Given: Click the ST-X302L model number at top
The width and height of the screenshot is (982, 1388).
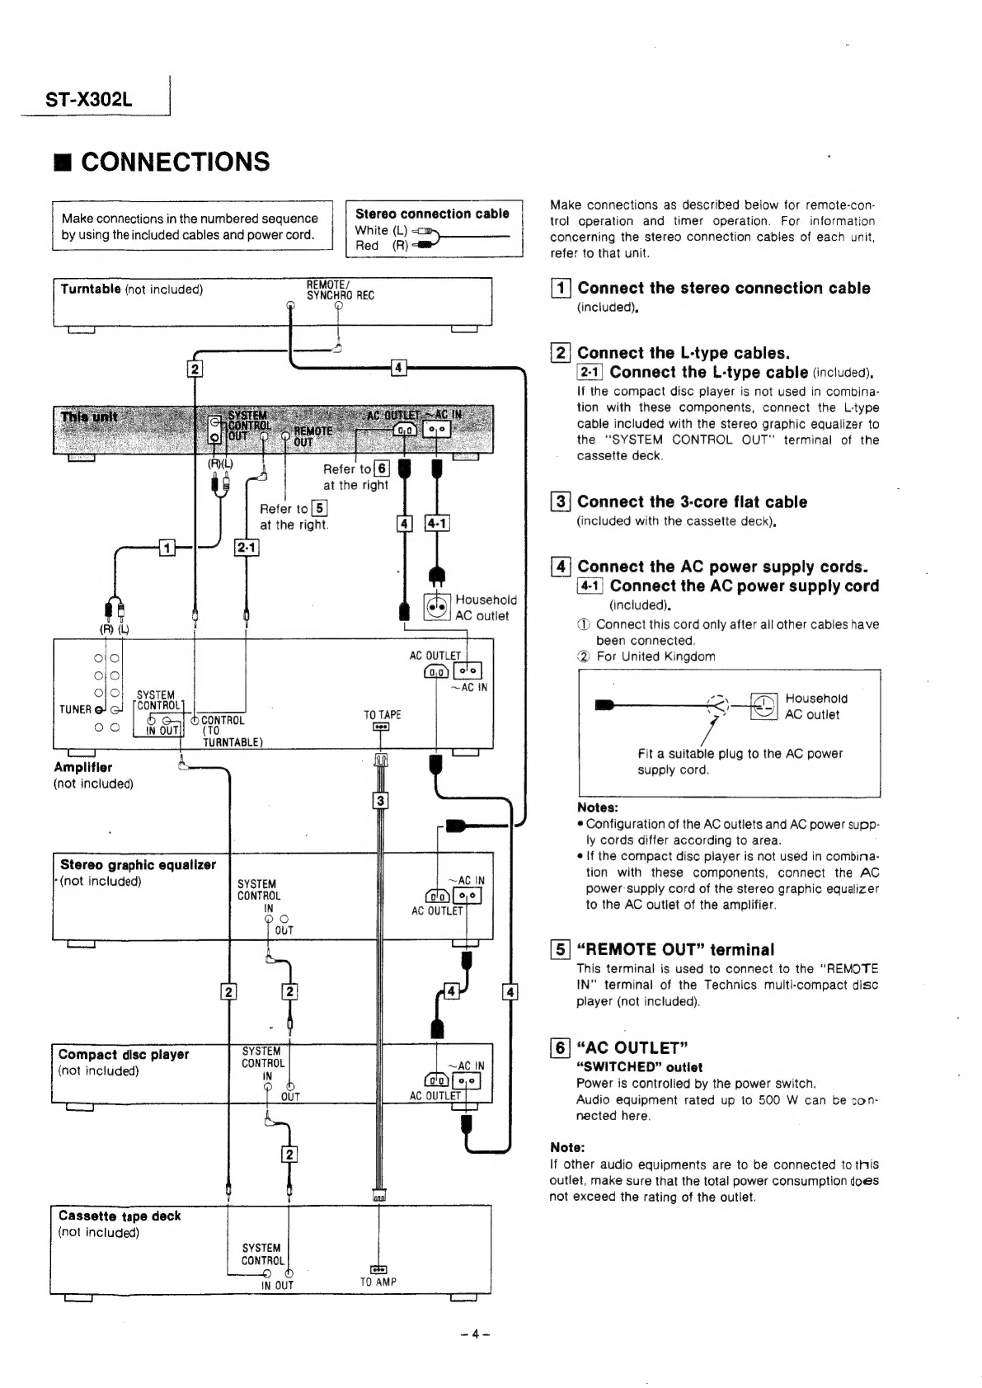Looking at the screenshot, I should pos(89,101).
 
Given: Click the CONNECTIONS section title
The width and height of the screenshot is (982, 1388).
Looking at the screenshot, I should pos(175,162).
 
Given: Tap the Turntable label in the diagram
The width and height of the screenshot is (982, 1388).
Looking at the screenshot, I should pos(91,289).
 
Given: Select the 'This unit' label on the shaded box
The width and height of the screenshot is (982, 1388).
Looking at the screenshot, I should pos(89,417).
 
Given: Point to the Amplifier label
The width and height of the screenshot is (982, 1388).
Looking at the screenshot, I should pos(83,767).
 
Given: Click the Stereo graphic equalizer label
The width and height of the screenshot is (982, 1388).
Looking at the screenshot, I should pos(138,865).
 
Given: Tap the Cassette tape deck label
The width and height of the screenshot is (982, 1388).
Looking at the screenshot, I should pos(120,1216).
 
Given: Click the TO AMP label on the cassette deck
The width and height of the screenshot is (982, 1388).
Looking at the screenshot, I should pos(378,1282).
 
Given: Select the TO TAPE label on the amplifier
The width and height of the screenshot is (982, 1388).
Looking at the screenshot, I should pos(383,715).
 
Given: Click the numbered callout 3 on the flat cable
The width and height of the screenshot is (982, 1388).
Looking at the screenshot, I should pos(380,800).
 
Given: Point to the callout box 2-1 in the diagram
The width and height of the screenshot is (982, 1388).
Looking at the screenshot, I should pos(247,548).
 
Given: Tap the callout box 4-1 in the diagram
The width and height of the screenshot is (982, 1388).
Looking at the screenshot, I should pos(436,524).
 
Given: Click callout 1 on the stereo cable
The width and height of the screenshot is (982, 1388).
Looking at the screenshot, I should pos(167,548).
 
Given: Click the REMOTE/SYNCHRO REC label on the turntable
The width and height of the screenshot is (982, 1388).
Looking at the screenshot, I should pos(340,290).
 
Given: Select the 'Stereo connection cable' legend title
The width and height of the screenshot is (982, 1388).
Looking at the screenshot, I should pos(432,214).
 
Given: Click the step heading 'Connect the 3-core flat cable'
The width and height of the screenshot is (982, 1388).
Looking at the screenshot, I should pos(692,502).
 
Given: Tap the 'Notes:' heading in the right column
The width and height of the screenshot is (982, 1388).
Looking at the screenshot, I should pos(598,807).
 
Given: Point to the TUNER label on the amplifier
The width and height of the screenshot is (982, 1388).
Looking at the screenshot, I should pos(75,709).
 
